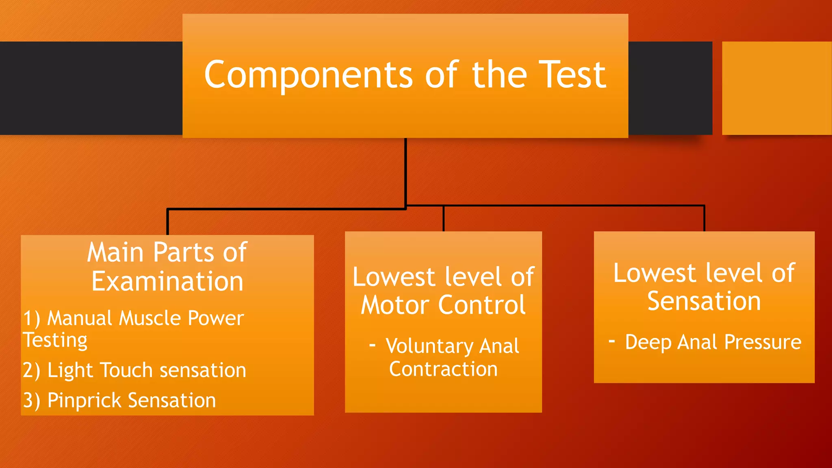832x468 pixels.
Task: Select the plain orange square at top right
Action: click(777, 88)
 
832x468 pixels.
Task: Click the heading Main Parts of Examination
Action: click(167, 266)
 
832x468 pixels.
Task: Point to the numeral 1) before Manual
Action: click(31, 318)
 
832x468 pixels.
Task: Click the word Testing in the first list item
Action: click(55, 340)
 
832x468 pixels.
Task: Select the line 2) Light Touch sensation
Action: click(134, 370)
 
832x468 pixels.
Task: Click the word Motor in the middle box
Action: click(395, 305)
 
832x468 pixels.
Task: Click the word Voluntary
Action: click(429, 346)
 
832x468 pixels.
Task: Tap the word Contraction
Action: click(443, 369)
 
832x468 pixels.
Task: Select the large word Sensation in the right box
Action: click(704, 301)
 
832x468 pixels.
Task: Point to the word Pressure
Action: click(763, 342)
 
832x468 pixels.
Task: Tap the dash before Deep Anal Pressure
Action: click(612, 341)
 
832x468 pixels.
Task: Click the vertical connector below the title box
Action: click(405, 171)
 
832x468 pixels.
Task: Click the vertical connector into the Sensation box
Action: click(704, 219)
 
